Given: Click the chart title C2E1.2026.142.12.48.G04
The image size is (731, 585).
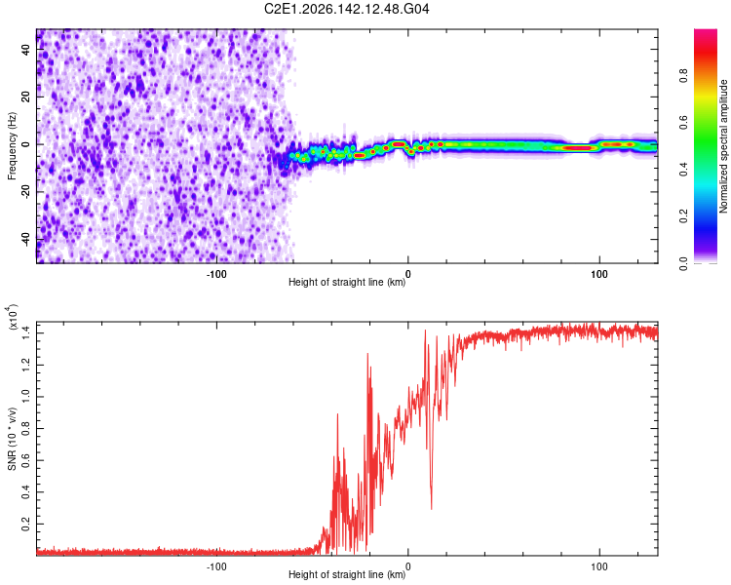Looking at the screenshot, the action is (346, 9).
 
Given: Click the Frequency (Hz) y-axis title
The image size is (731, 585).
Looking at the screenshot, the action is (12, 146).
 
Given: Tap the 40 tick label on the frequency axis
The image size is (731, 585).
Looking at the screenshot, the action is (25, 50).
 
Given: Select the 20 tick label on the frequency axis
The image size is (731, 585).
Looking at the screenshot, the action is (25, 97).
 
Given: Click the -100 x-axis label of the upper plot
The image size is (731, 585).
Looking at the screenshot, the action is (216, 274).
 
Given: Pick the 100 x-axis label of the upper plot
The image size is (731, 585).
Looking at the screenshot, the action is (599, 274).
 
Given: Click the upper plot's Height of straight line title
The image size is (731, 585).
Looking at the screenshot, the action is (347, 282).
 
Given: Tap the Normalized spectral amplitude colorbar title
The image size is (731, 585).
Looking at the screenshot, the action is (723, 146).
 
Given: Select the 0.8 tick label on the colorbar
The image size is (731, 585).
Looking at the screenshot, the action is (684, 76).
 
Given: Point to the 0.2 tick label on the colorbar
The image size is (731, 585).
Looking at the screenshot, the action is (684, 216).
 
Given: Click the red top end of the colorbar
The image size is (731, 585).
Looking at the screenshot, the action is (706, 32).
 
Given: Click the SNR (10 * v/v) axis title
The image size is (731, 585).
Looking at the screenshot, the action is (12, 439).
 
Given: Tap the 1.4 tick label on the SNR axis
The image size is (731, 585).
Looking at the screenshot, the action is (25, 333).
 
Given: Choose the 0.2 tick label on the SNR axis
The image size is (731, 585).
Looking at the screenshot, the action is (25, 524).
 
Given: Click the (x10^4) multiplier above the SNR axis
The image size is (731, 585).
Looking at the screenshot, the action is (13, 317).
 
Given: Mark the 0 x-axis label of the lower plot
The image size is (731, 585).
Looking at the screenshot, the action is (408, 566).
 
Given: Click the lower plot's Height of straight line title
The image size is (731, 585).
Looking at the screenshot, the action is (347, 574).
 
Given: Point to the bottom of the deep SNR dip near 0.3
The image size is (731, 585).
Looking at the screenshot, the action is (431, 509).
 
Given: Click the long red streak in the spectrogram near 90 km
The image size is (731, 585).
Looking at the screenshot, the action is (578, 148).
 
